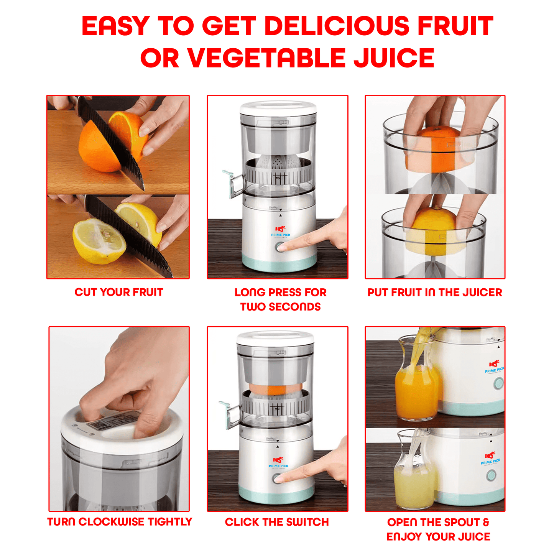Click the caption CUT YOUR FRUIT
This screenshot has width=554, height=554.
119,292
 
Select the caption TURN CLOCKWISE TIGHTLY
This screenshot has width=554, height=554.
119,522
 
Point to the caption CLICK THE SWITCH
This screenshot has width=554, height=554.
277,522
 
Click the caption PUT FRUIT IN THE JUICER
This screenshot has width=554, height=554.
435,293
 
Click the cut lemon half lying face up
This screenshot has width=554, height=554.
99,242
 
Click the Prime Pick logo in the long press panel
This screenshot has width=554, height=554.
281,232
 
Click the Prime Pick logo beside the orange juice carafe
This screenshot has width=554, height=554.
495,367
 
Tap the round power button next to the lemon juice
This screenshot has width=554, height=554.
491,476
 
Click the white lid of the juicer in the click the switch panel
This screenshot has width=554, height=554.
275,338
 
